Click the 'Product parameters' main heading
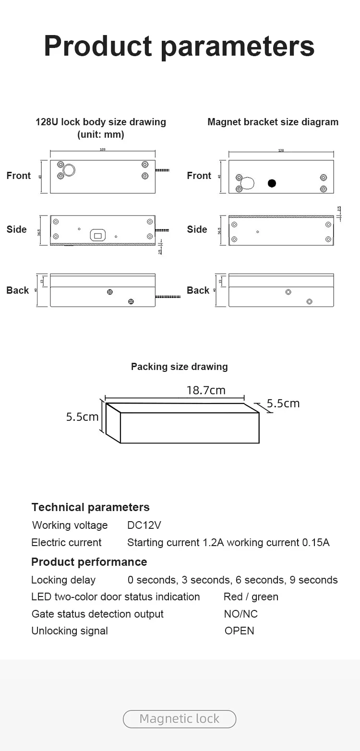pos(179,46)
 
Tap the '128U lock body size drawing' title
pos(101,122)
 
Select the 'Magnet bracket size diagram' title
pos(273,122)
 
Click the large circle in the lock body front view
pos(70,170)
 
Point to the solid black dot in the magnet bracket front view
pos(272,183)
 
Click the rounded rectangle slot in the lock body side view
pos(98,235)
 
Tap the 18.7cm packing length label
pos(205,390)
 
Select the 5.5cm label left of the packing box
pos(82,417)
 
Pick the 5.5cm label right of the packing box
pos(283,404)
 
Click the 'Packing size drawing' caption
pos(179,367)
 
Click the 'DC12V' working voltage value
pos(144,525)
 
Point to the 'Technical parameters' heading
pos(90,507)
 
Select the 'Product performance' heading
pos(89,562)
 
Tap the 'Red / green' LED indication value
pos(251,597)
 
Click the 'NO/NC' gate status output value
pos(240,614)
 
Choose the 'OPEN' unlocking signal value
pos(239,631)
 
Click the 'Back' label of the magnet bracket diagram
pos(198,291)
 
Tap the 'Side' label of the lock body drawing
pos(16,229)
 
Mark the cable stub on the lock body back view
pos(168,297)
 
